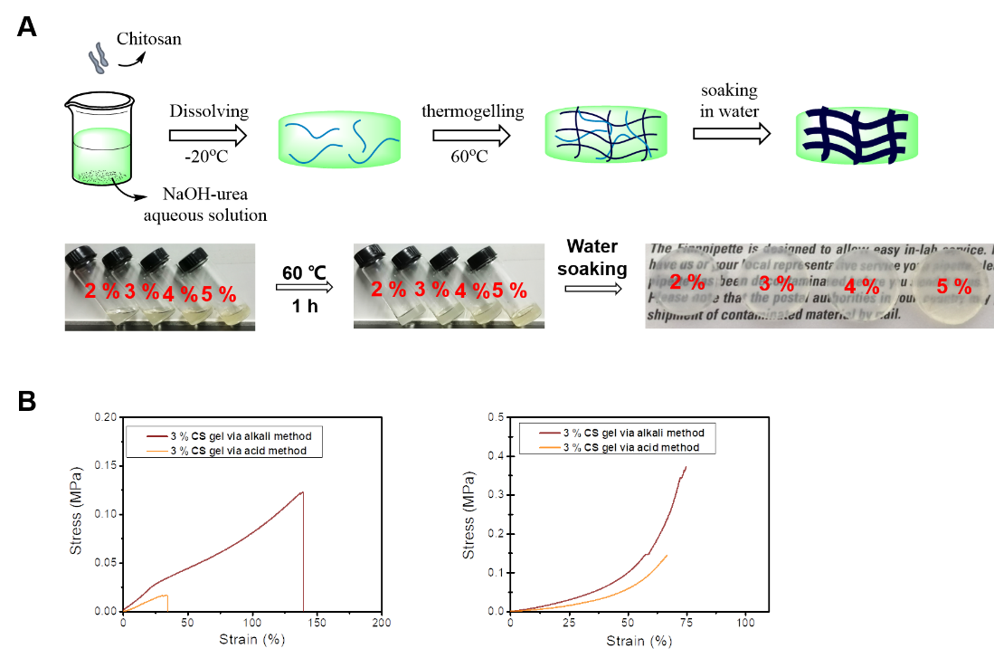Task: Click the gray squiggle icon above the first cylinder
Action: [x=97, y=60]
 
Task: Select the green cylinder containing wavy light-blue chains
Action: [x=340, y=138]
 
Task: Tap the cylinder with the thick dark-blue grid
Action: [x=857, y=138]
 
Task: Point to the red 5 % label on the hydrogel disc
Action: [x=953, y=287]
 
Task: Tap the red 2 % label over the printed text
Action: [x=687, y=282]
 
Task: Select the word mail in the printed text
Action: [x=904, y=317]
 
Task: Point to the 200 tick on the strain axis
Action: [x=382, y=624]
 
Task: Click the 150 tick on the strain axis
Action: [x=317, y=624]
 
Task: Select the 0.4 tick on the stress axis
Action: [x=496, y=456]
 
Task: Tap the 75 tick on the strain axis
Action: [x=686, y=624]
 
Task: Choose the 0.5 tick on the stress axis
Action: [x=496, y=417]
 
